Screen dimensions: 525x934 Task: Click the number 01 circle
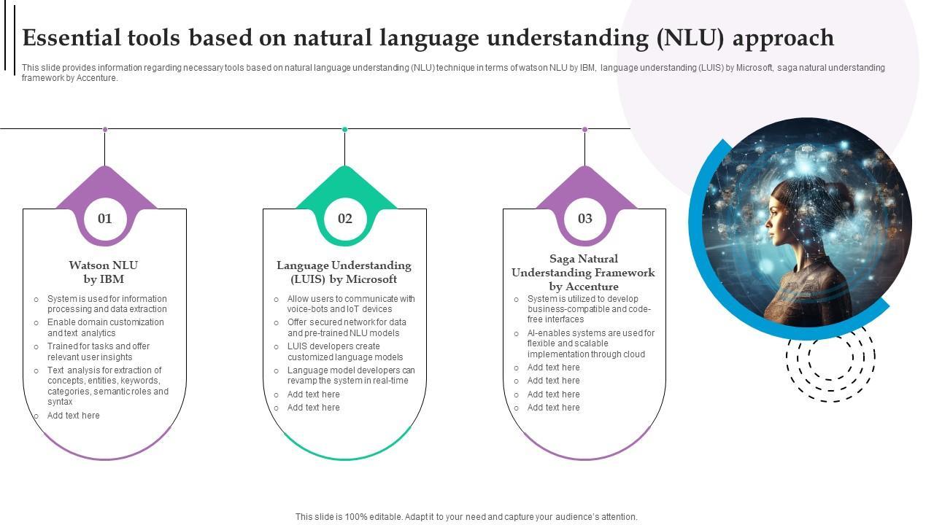pos(105,219)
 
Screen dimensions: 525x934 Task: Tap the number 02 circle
pos(345,219)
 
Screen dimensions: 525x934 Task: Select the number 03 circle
pos(585,219)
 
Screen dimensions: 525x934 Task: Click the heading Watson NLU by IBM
pos(104,272)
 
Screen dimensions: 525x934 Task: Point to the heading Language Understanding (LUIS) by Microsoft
pos(344,272)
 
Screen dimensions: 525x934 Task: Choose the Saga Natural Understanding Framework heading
pos(583,272)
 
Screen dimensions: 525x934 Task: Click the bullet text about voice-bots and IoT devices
pos(351,304)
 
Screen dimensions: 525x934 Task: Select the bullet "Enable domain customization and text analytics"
pos(106,327)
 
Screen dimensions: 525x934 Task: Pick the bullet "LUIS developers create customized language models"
pos(345,351)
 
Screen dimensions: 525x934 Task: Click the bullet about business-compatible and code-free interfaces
pos(589,309)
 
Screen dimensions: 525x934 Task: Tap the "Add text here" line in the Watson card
pos(74,416)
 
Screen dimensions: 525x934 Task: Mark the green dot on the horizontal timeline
pos(344,130)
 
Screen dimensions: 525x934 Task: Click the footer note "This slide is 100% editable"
pos(466,517)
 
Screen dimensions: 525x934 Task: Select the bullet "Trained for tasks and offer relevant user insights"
pos(99,351)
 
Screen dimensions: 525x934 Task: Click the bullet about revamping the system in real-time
pos(351,376)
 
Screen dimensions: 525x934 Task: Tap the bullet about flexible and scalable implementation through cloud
pos(591,343)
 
